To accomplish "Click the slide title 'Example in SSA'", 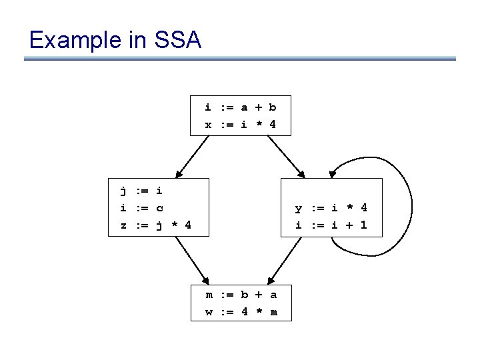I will (115, 41).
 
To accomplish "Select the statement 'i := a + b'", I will (240, 107).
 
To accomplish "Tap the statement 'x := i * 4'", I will (240, 125).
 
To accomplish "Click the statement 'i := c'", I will (141, 208).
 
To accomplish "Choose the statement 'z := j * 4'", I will (155, 225).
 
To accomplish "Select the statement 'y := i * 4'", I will (331, 208).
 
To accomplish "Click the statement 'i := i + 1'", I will (331, 225).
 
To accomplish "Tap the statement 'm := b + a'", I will (241, 295).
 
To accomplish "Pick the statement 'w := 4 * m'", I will (241, 312).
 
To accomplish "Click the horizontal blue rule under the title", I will (240, 59).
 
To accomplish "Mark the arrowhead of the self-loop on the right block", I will (333, 175).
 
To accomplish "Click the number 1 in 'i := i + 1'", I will (363, 225).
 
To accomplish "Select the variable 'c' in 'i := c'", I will (159, 208).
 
